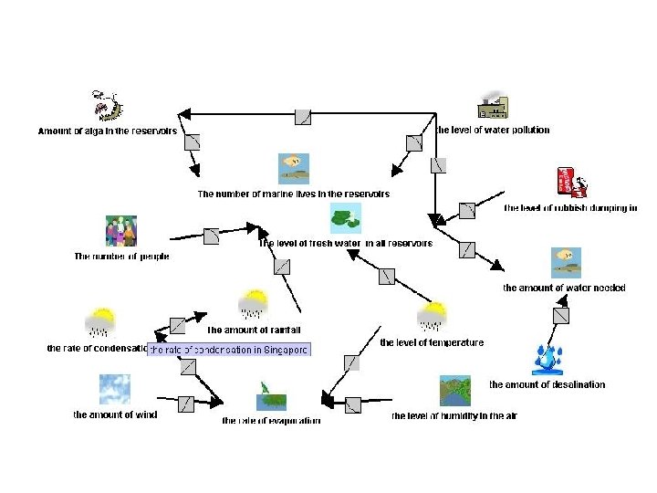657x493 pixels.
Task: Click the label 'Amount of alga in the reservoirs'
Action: click(x=107, y=131)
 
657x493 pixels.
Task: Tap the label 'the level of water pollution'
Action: click(x=493, y=130)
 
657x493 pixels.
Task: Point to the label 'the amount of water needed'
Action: click(x=564, y=288)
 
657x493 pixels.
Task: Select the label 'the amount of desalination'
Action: click(x=547, y=384)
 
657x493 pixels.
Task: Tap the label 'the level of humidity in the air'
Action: click(x=454, y=416)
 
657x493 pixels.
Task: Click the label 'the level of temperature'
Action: click(x=432, y=343)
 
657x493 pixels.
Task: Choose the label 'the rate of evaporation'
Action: click(x=271, y=421)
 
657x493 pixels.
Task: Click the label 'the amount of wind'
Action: click(x=115, y=414)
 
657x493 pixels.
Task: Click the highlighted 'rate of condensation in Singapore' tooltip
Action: click(x=230, y=350)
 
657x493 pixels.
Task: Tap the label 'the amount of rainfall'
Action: click(x=254, y=330)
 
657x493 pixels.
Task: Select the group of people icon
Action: click(x=121, y=231)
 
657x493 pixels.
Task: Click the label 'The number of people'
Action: click(x=121, y=257)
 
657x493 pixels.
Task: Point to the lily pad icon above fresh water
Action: click(x=345, y=218)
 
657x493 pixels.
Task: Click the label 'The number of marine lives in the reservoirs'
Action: click(x=293, y=194)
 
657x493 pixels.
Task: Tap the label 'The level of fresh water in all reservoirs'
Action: click(x=345, y=244)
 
